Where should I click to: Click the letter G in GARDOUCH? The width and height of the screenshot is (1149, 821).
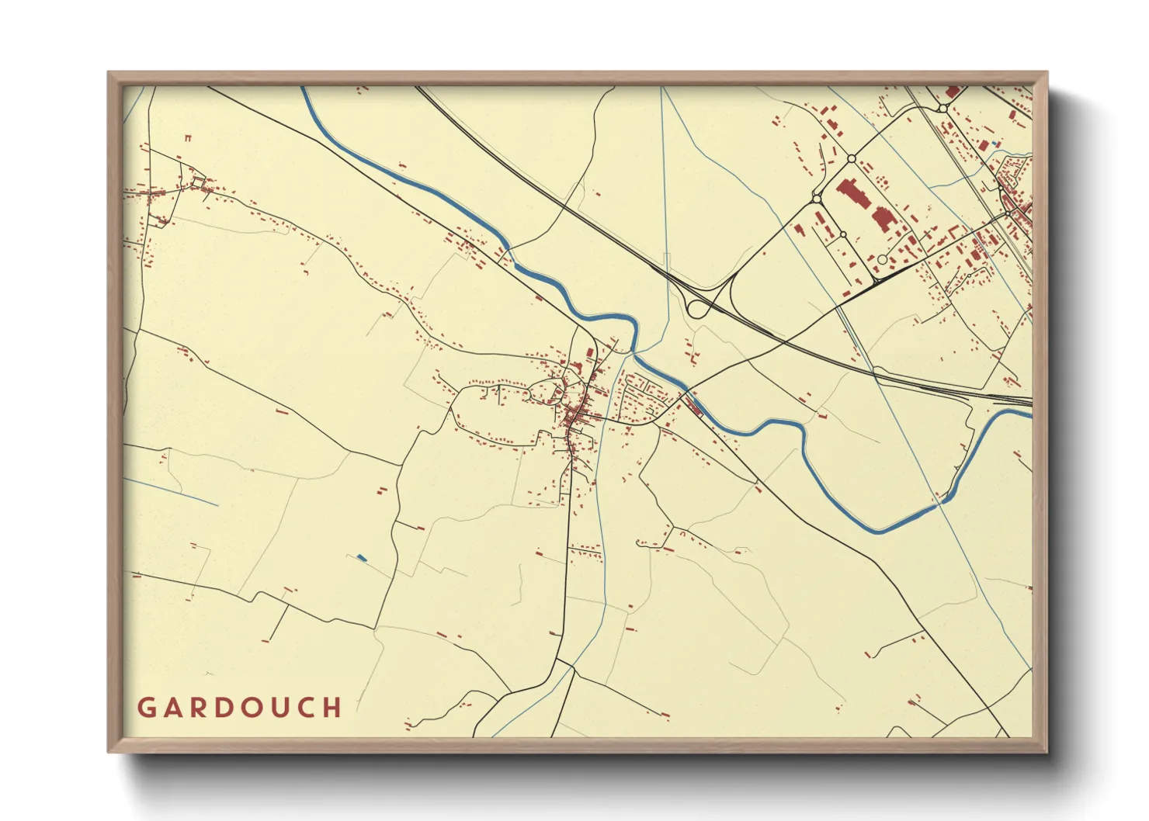(x=147, y=708)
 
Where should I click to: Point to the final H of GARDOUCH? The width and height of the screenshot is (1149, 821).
(x=333, y=708)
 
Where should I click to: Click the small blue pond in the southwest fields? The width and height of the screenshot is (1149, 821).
(x=361, y=557)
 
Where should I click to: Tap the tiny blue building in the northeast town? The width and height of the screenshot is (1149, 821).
(x=996, y=144)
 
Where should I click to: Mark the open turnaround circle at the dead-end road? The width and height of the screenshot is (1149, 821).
(x=882, y=260)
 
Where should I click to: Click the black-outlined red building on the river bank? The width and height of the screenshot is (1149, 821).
(x=693, y=404)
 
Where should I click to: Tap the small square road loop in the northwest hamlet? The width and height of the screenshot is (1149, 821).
(x=200, y=182)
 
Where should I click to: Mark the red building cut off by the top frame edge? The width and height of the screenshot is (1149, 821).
(x=952, y=91)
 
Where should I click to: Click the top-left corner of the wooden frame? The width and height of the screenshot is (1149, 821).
(x=109, y=73)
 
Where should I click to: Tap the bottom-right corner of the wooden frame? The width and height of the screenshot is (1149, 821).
(x=1047, y=752)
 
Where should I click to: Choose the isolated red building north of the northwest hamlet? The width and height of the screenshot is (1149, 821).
(x=188, y=138)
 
